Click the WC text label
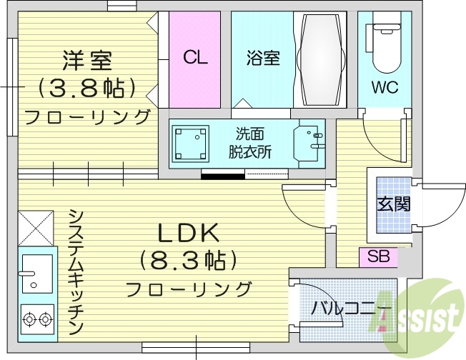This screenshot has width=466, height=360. point(384,88)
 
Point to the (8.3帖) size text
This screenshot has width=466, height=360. point(188,259)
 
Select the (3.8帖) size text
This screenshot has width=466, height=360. point(86,88)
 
